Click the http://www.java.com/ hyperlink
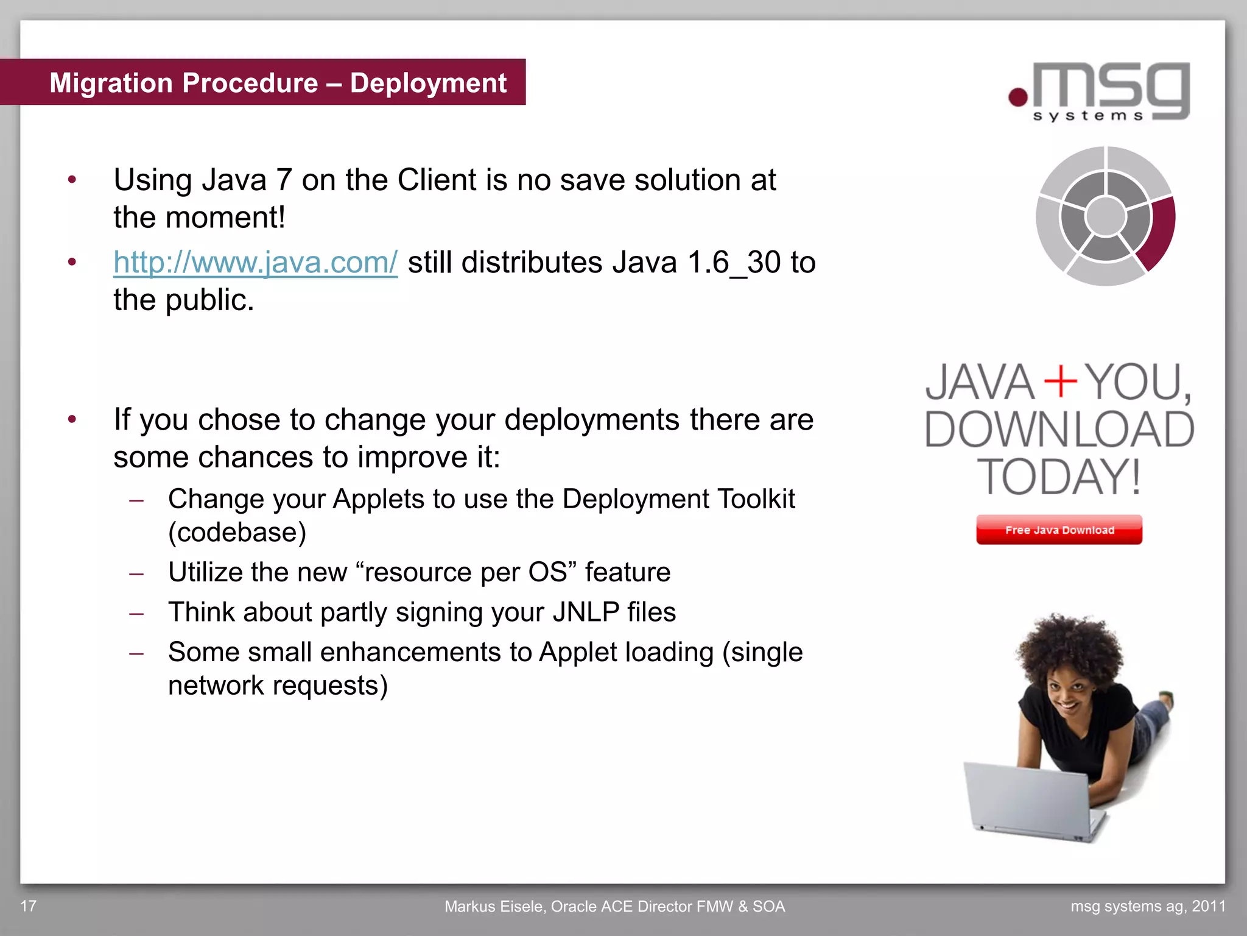coord(255,263)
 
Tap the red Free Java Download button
coord(1059,530)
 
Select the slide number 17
coord(29,906)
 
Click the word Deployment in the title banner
coord(428,83)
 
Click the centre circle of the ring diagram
coord(1105,216)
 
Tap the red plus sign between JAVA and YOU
coord(1061,382)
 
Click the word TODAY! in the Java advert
coord(1059,477)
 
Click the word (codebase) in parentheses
coord(237,533)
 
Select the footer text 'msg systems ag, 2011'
coord(1148,906)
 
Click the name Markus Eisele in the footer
coord(494,906)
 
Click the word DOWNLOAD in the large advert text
coord(1059,430)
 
